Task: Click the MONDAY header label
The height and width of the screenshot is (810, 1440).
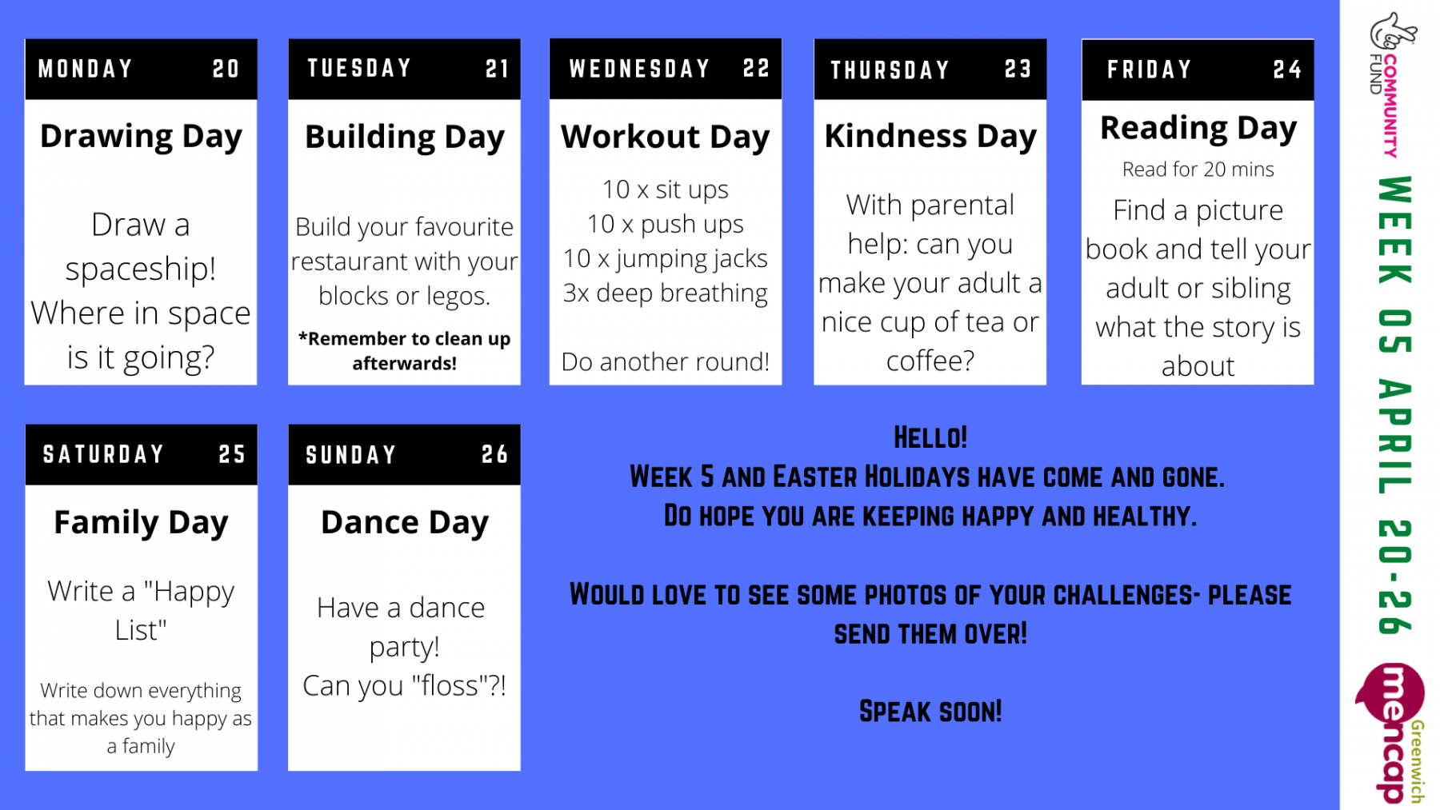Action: [85, 69]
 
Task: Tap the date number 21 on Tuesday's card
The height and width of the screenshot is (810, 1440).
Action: [497, 69]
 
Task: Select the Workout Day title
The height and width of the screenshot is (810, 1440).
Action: [665, 137]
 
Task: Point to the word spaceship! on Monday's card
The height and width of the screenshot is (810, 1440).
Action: [141, 269]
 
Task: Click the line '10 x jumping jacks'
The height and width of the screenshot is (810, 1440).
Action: [665, 259]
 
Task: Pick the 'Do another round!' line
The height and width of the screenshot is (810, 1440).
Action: [665, 362]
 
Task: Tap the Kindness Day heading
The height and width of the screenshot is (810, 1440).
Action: [930, 137]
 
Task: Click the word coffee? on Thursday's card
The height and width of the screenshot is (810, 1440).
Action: [930, 361]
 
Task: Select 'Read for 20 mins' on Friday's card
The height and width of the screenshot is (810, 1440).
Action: [1198, 170]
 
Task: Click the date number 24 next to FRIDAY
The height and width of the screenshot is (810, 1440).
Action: [1287, 70]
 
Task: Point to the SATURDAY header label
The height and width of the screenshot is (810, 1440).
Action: [103, 455]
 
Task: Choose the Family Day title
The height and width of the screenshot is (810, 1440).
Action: [141, 523]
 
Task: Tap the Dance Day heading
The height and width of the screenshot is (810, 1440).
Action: [404, 523]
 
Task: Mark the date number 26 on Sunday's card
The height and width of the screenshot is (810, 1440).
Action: [495, 455]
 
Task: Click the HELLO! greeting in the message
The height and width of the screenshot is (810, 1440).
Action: [930, 438]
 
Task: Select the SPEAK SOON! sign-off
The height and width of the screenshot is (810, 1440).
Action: [930, 712]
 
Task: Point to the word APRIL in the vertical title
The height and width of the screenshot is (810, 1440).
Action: [1394, 437]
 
